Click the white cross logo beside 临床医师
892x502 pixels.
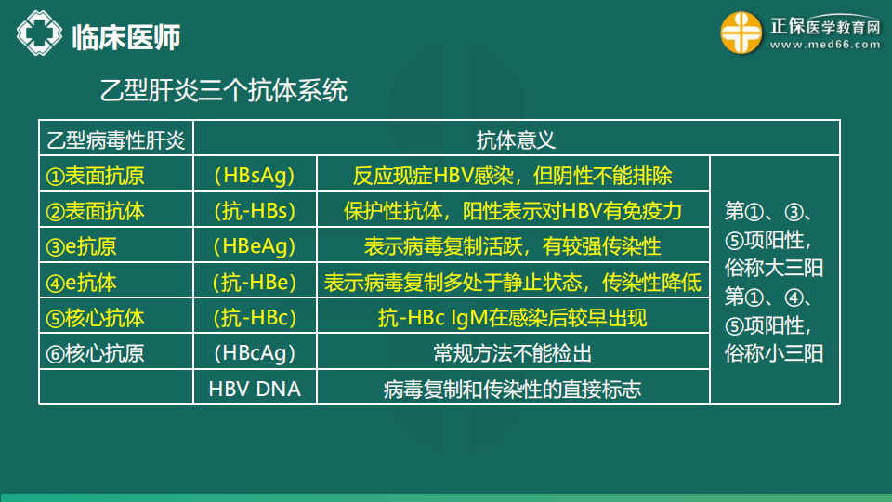pyautogui.click(x=39, y=33)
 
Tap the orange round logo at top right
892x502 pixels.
pyautogui.click(x=741, y=33)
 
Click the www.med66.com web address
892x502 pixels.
pyautogui.click(x=825, y=45)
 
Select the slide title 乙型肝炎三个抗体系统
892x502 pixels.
pyautogui.click(x=224, y=90)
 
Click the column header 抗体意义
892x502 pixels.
pyautogui.click(x=516, y=139)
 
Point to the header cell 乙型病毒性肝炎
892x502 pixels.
pyautogui.click(x=116, y=140)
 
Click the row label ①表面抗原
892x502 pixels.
pyautogui.click(x=95, y=176)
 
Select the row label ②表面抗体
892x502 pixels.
pyautogui.click(x=95, y=211)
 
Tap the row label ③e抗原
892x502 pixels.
pyautogui.click(x=82, y=246)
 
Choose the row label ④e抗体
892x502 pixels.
pyautogui.click(x=82, y=283)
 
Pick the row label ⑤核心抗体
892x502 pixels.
pyautogui.click(x=95, y=318)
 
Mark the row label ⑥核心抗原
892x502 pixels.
pyautogui.click(x=95, y=353)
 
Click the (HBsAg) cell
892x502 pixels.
pyautogui.click(x=255, y=176)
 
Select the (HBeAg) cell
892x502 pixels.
pyautogui.click(x=255, y=246)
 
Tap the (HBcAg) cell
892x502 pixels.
pyautogui.click(x=255, y=353)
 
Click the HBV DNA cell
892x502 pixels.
pyautogui.click(x=255, y=389)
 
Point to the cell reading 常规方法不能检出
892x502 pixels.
pyautogui.click(x=513, y=353)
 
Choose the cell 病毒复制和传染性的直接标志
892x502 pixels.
pyautogui.click(x=512, y=390)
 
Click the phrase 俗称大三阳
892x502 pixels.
pyautogui.click(x=774, y=268)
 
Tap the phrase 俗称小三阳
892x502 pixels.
pyautogui.click(x=774, y=353)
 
